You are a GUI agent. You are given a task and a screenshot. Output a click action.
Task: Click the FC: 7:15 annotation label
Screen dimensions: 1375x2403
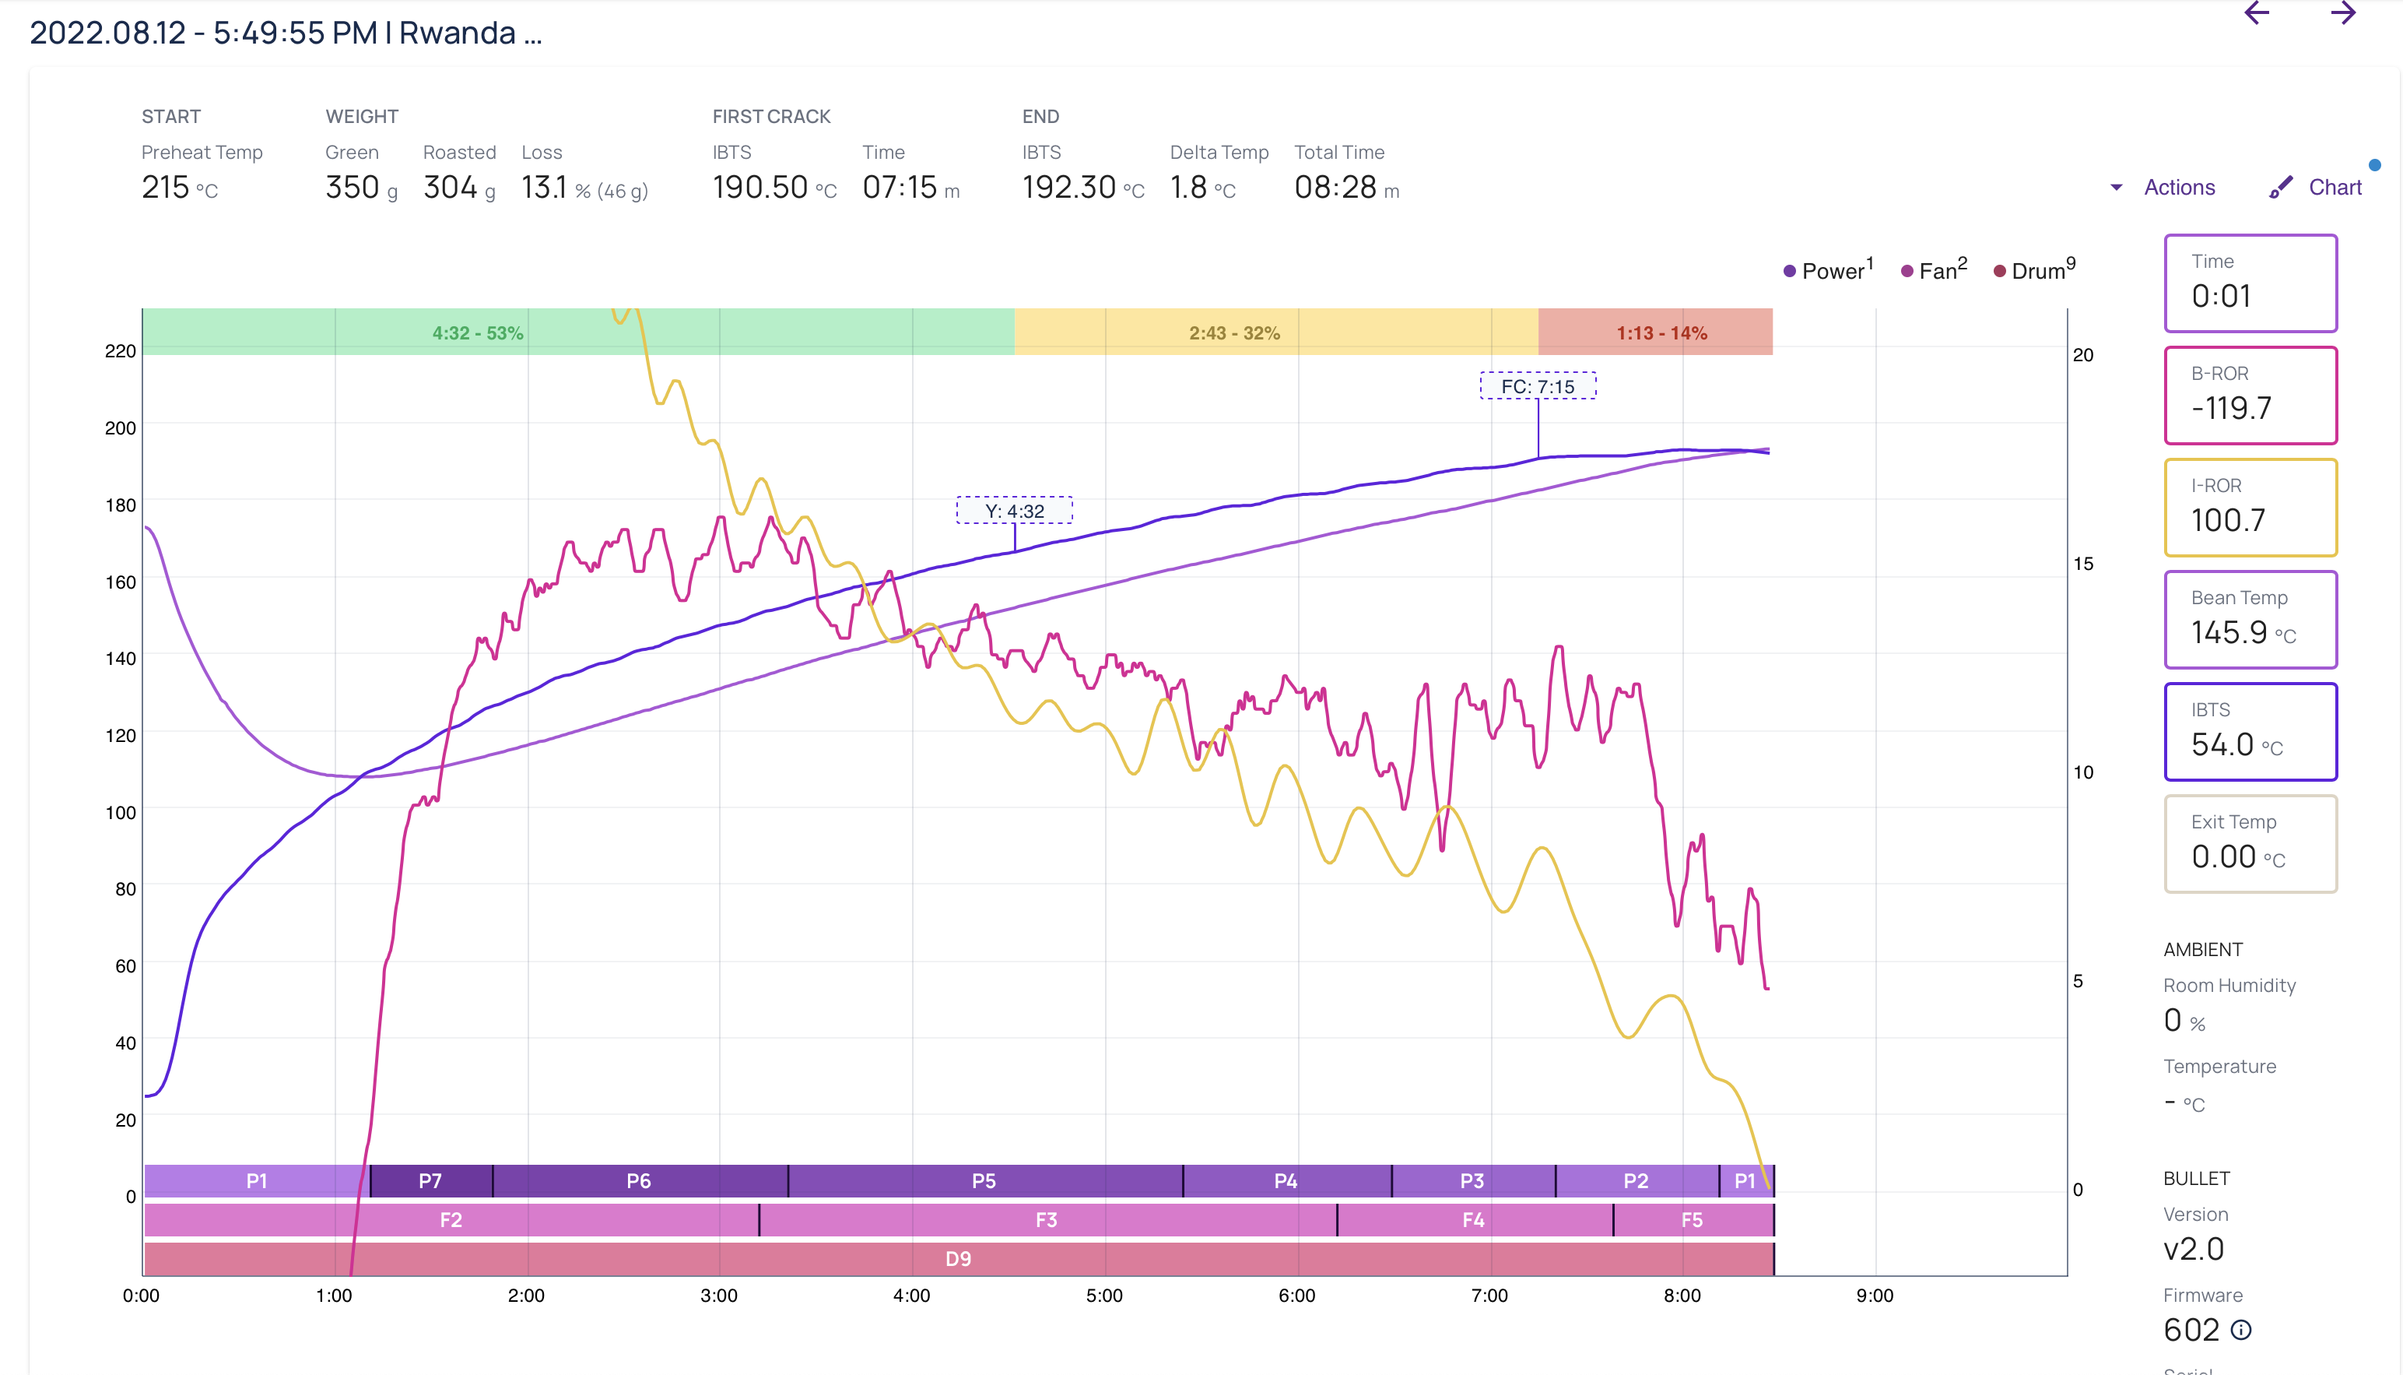click(1538, 386)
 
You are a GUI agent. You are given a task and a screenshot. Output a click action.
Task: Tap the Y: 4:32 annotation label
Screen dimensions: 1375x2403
click(1015, 511)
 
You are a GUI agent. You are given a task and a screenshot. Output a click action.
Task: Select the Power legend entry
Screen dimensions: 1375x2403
click(1828, 271)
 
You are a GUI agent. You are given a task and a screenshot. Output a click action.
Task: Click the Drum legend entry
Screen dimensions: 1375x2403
click(2035, 271)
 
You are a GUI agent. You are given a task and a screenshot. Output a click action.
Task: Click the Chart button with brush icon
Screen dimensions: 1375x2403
click(2317, 187)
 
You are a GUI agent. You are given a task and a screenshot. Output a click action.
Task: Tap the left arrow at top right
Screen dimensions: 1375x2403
click(2257, 13)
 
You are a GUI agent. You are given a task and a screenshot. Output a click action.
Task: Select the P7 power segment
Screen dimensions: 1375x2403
click(430, 1180)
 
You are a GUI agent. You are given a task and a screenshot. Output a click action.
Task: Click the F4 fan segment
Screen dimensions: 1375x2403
click(1473, 1220)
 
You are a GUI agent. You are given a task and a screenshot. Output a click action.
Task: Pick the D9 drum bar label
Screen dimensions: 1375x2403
click(958, 1259)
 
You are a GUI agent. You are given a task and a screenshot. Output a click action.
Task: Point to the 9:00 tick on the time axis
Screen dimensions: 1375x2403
click(1875, 1296)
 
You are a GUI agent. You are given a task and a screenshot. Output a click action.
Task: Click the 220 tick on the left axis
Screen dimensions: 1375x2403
click(120, 351)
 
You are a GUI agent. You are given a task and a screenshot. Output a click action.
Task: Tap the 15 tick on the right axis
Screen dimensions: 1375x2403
click(2083, 564)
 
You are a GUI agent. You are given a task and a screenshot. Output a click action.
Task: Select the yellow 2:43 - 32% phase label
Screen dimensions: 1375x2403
click(1234, 333)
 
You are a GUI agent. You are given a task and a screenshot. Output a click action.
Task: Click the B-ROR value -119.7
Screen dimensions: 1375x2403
click(2231, 408)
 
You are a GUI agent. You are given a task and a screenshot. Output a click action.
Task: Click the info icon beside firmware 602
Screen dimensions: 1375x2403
click(2240, 1331)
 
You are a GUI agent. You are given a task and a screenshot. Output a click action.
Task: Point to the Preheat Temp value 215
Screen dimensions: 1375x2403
click(166, 187)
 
